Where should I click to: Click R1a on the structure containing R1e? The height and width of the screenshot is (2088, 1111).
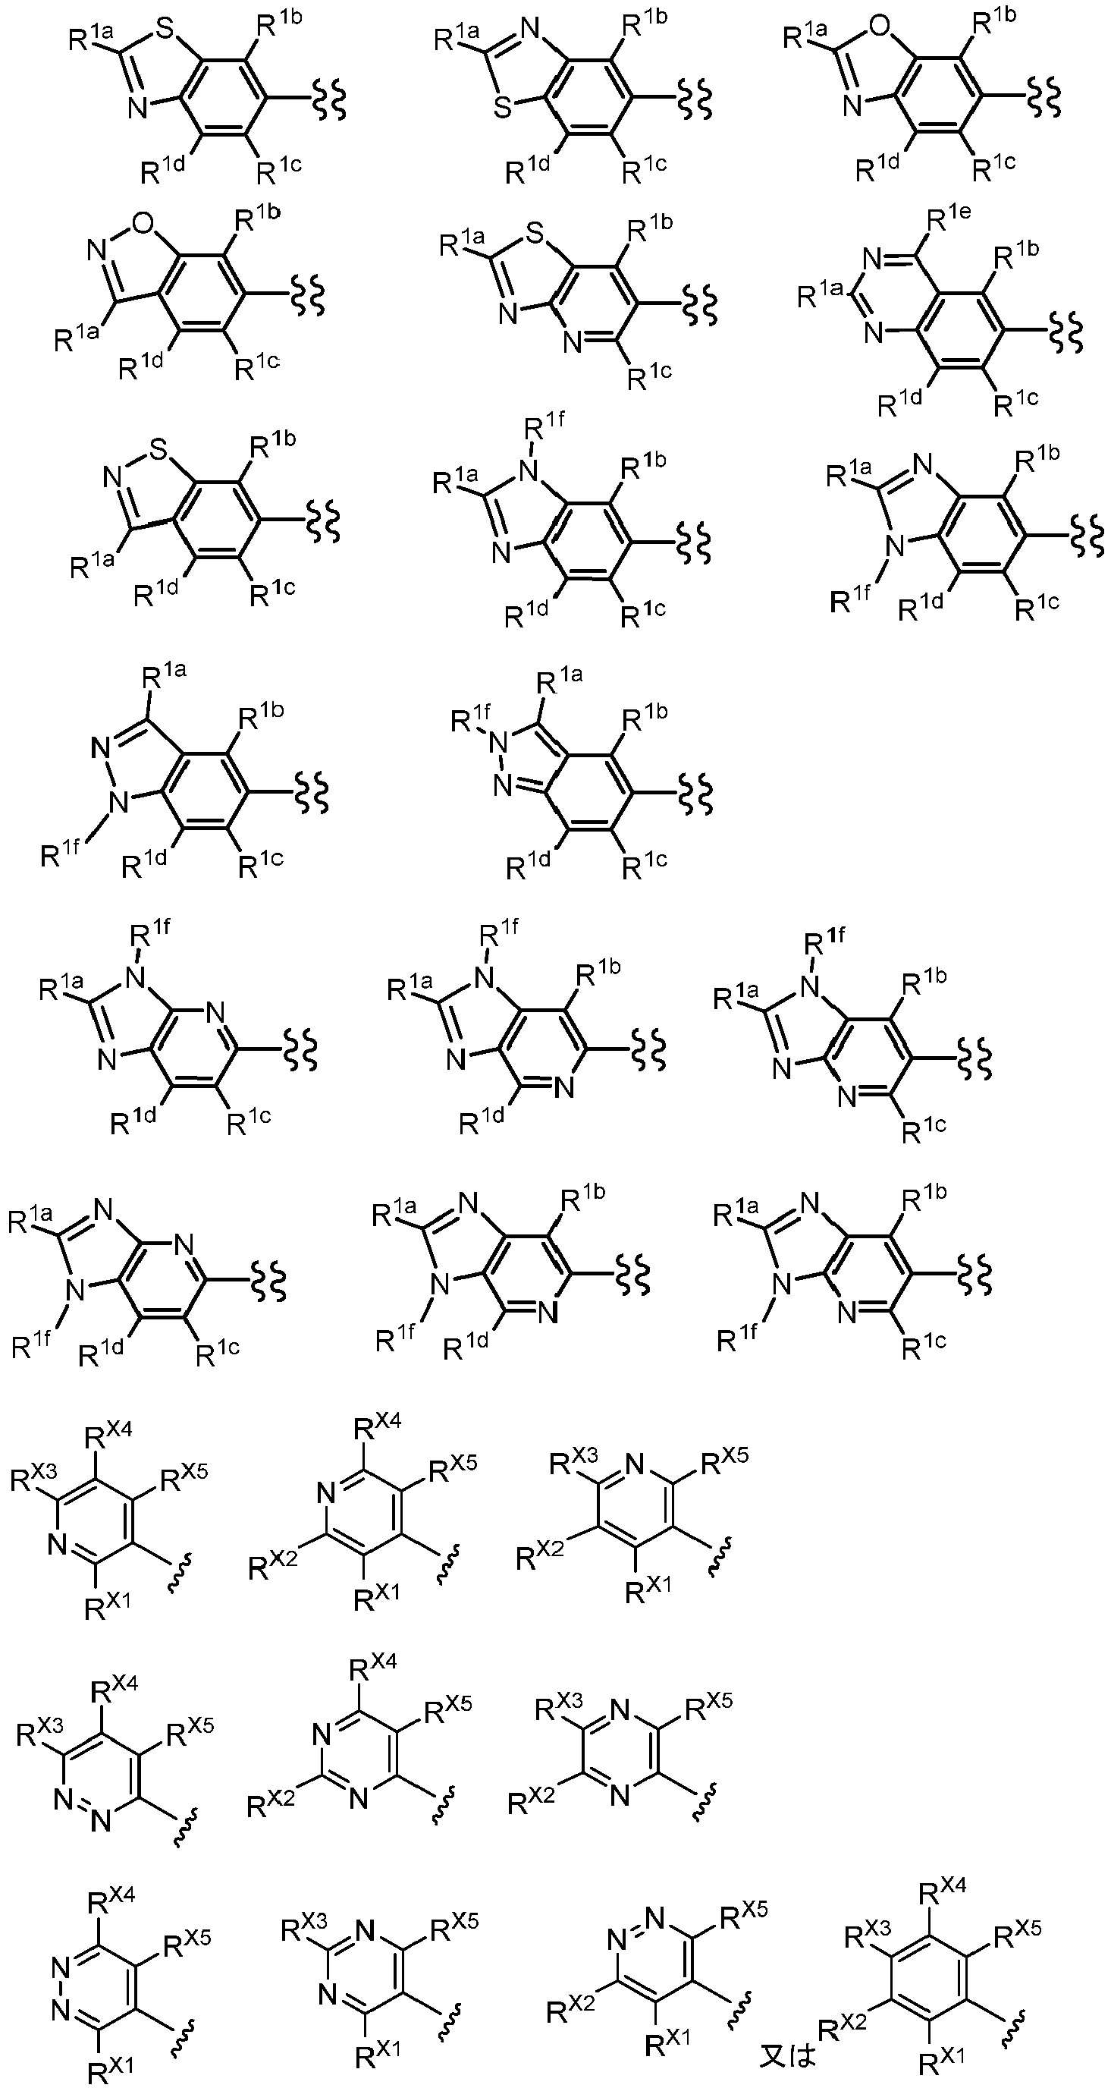(x=820, y=297)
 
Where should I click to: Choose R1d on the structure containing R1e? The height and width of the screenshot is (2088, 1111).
(x=902, y=403)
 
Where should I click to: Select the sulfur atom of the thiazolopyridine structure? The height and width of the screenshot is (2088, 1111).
(x=533, y=236)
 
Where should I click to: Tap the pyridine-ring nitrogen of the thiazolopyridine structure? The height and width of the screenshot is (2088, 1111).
(x=572, y=344)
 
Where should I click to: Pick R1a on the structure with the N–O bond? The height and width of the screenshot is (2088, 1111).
(x=77, y=336)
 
